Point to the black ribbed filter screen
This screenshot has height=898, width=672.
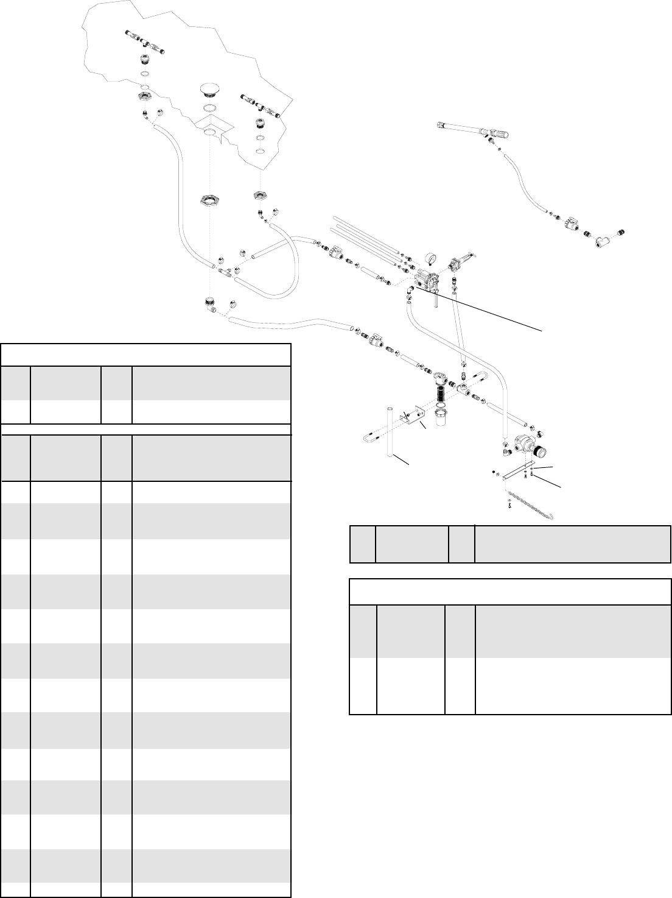click(441, 399)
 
